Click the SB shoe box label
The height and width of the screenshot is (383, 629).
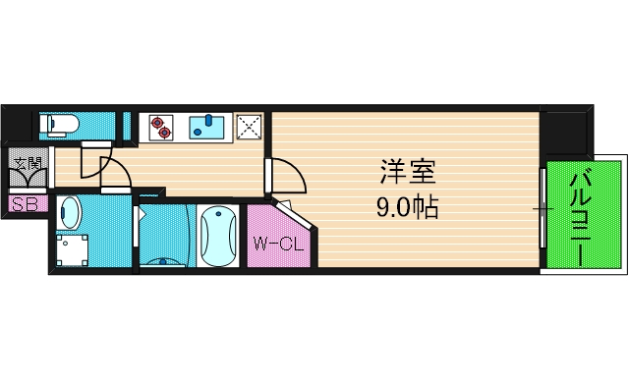click(x=24, y=205)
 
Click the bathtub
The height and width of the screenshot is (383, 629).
click(x=216, y=236)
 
